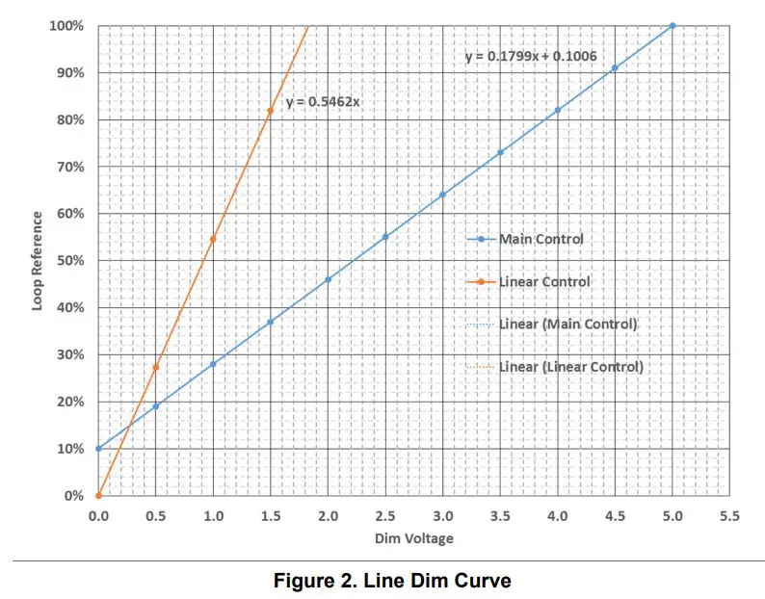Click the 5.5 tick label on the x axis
click(729, 516)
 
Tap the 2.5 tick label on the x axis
click(384, 516)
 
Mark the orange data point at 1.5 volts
click(270, 111)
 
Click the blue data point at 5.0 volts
click(673, 25)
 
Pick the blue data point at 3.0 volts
click(442, 195)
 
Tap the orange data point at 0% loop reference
click(98, 496)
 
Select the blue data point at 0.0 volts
click(98, 449)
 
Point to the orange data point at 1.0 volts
click(213, 239)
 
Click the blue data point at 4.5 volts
click(615, 68)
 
